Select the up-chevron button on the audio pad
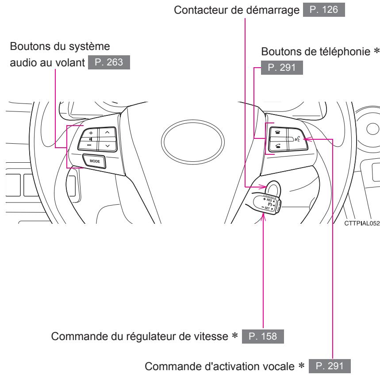click(107, 133)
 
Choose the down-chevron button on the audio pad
click(107, 145)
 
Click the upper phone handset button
click(277, 131)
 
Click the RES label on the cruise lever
click(271, 199)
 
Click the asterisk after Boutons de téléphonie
click(377, 52)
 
